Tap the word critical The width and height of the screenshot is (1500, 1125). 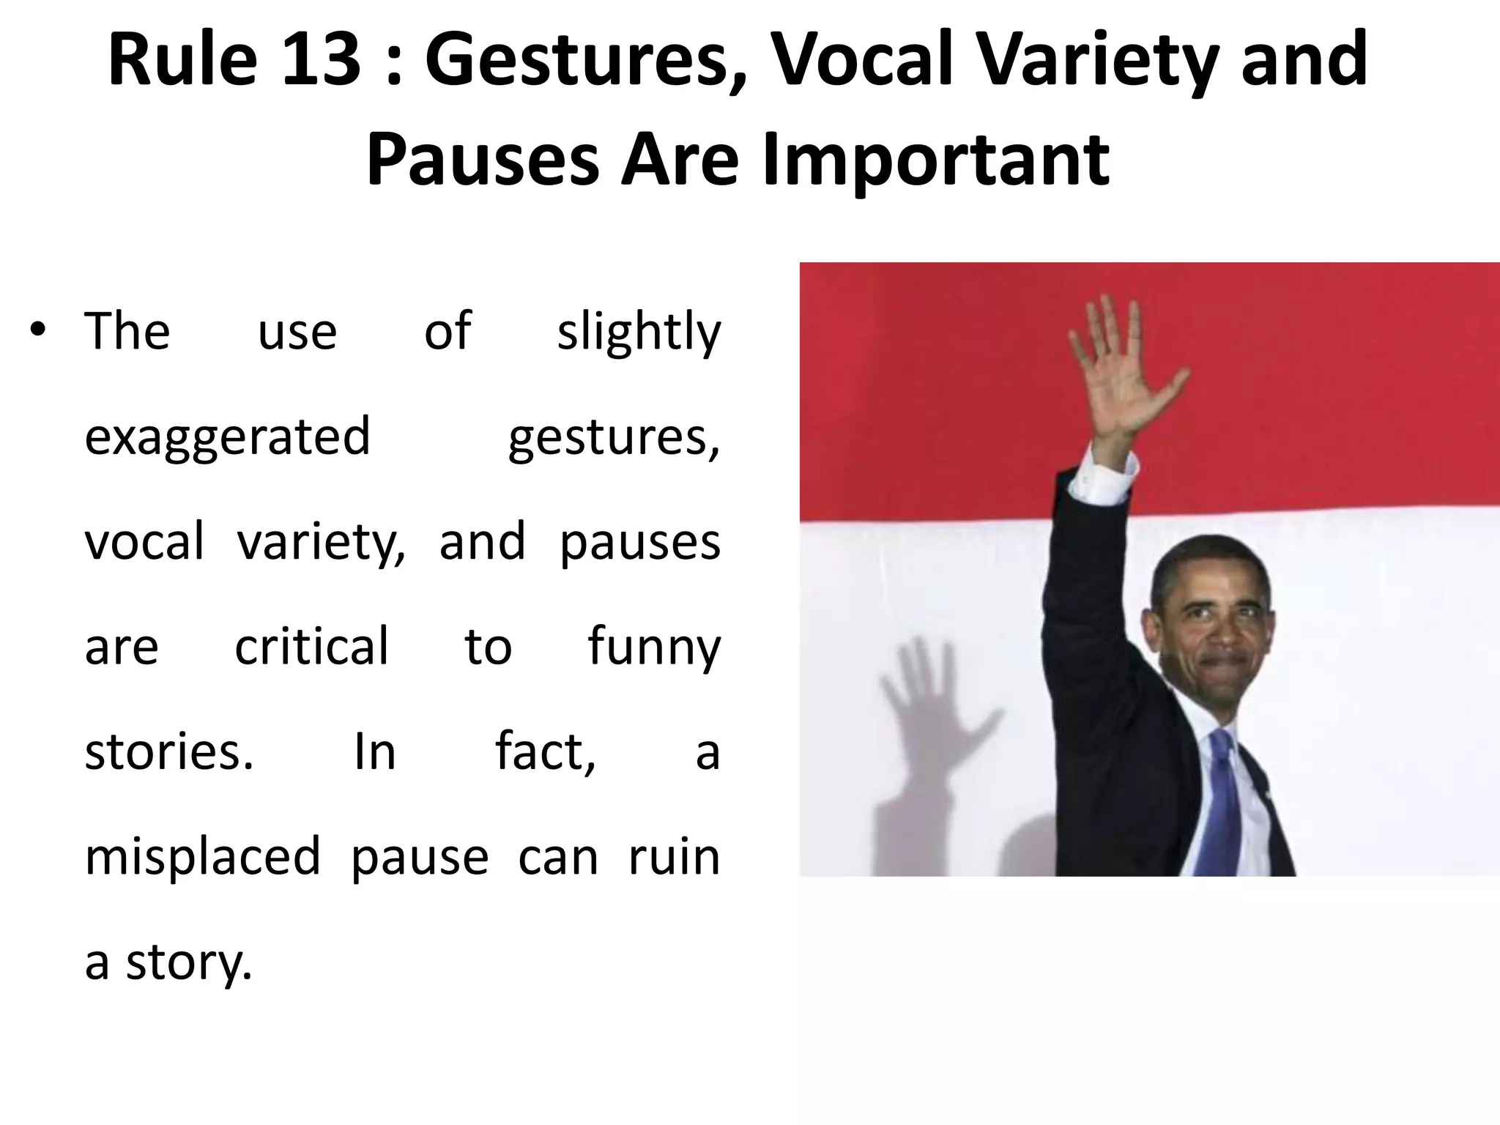click(311, 647)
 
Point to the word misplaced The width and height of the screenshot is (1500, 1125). click(203, 857)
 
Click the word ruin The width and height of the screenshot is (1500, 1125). click(674, 855)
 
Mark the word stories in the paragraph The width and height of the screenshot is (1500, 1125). click(168, 751)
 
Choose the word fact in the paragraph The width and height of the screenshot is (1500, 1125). click(543, 751)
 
